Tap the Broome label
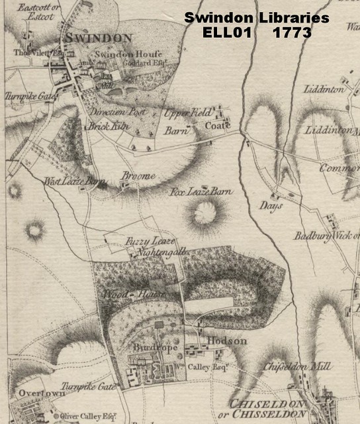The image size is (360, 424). click(x=138, y=176)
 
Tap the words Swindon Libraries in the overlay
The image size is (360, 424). click(x=256, y=18)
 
